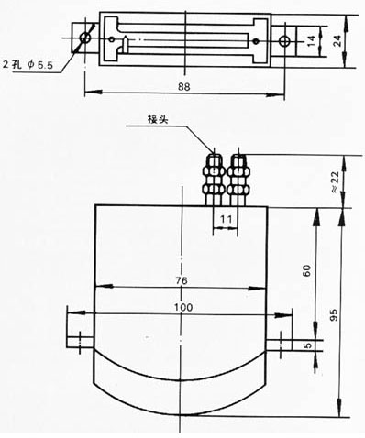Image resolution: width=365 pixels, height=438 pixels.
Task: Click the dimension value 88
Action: [184, 87]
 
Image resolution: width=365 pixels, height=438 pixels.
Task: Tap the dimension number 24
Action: [337, 40]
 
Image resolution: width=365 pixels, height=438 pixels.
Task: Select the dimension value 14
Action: [311, 41]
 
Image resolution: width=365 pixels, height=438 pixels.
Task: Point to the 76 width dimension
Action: [182, 280]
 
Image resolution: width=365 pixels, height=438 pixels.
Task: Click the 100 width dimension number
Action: [183, 307]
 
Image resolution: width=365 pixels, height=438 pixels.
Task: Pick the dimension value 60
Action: [306, 270]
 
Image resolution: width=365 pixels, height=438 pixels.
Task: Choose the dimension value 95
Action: [335, 315]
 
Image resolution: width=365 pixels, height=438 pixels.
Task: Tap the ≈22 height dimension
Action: [335, 181]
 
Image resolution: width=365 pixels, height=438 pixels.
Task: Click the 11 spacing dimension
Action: [226, 219]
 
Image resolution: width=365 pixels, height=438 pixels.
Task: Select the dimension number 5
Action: [308, 345]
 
